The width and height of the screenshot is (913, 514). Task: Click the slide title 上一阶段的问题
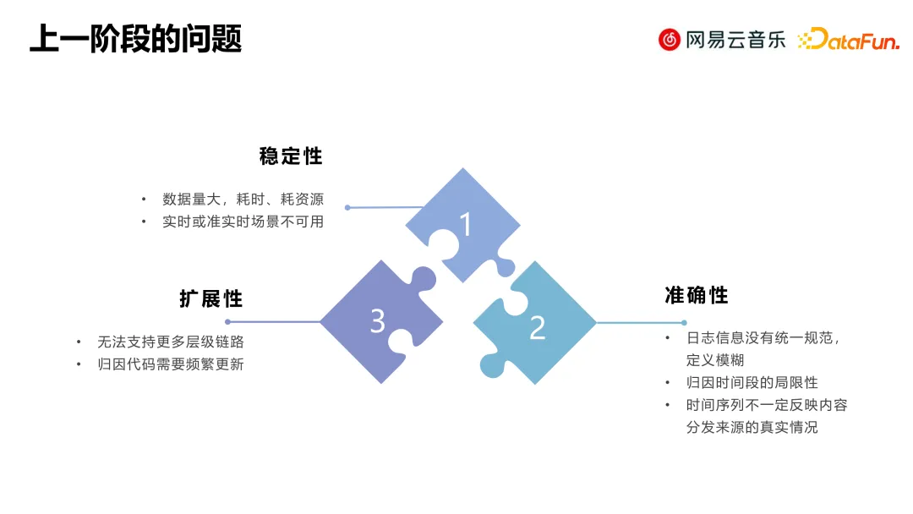point(135,39)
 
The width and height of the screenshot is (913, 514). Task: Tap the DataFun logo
point(848,39)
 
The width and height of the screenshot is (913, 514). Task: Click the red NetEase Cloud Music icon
point(670,39)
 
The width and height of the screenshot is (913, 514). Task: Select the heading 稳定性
point(291,156)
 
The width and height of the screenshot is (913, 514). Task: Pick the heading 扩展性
point(210,298)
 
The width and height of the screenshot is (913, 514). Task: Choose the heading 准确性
point(696,295)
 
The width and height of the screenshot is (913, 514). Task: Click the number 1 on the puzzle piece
point(465,224)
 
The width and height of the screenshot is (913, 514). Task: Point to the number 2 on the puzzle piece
point(537,328)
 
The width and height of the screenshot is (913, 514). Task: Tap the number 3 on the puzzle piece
point(378,320)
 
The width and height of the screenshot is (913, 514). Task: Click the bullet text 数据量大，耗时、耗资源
point(243,200)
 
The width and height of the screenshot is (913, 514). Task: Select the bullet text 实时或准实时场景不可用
point(243,221)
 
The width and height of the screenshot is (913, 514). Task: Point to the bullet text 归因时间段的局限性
point(752,382)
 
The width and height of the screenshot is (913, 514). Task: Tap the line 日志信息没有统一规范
point(763,337)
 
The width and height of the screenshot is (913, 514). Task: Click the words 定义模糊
point(714,359)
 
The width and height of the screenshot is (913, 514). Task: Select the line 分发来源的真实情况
point(752,427)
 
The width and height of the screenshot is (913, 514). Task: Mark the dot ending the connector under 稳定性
point(347,207)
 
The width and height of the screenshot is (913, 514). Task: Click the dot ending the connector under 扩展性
point(227,322)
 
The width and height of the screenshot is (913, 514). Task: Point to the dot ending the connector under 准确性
point(684,322)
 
